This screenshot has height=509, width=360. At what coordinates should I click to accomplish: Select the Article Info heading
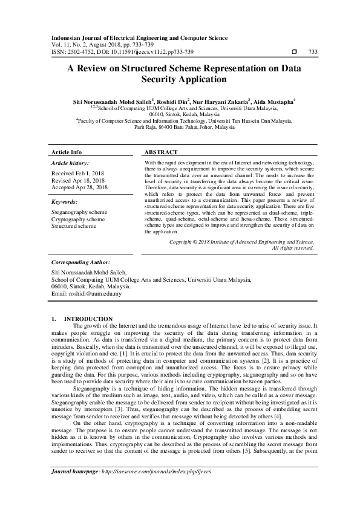coord(67,152)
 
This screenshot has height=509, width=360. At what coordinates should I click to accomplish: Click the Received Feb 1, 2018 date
coord(77,173)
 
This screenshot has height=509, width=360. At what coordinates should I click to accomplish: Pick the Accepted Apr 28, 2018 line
coord(79,187)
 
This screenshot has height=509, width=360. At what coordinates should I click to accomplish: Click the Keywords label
coord(65,202)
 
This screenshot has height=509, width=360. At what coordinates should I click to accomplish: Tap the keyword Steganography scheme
coord(79,213)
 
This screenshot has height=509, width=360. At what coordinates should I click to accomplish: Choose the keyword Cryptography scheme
coord(78,219)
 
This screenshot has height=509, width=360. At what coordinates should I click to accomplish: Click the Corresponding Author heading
coord(80,263)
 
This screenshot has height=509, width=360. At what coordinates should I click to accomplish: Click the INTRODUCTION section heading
coord(88,319)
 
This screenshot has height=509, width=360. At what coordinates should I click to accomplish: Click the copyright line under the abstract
coord(241,241)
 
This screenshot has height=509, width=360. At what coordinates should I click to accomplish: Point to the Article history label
coord(70,163)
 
